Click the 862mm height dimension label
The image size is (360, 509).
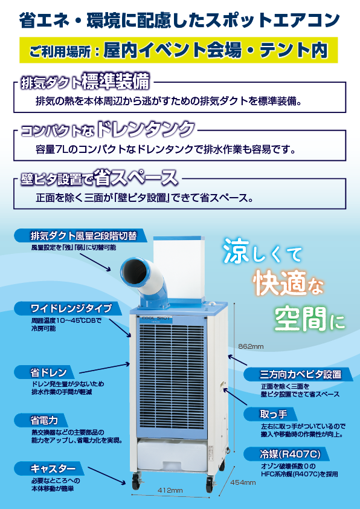click(251, 346)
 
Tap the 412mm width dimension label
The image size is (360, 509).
click(170, 490)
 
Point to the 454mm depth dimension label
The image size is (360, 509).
click(243, 483)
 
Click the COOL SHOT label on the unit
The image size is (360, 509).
click(156, 319)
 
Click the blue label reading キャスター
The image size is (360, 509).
click(49, 468)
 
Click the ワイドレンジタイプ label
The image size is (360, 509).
click(68, 308)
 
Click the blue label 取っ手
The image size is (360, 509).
click(270, 415)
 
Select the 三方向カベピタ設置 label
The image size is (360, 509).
click(298, 375)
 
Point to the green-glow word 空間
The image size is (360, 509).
click(300, 319)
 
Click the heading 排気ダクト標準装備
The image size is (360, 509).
click(85, 82)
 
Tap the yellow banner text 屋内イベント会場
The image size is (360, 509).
click(173, 50)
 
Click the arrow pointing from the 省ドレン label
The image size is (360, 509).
click(104, 369)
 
